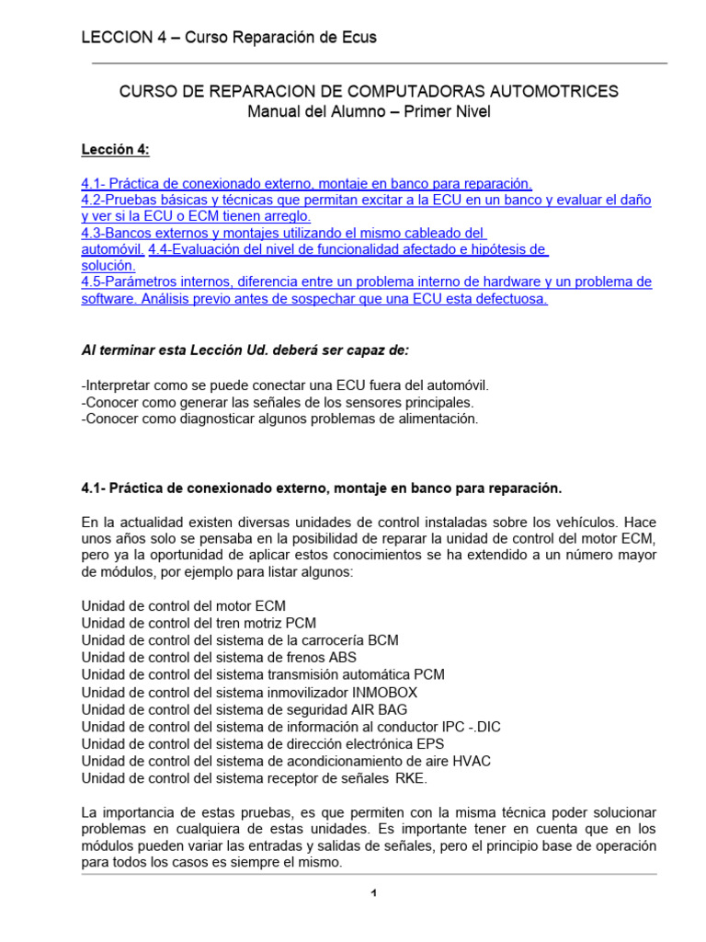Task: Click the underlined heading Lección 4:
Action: (x=115, y=149)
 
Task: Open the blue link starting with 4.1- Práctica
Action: (x=306, y=183)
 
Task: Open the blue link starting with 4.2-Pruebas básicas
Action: (x=366, y=200)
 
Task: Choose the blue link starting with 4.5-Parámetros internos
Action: (x=366, y=282)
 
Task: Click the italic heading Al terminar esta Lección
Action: (x=245, y=350)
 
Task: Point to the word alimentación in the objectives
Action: (x=436, y=418)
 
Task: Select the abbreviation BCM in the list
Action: (x=382, y=639)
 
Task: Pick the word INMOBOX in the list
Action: (x=391, y=692)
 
